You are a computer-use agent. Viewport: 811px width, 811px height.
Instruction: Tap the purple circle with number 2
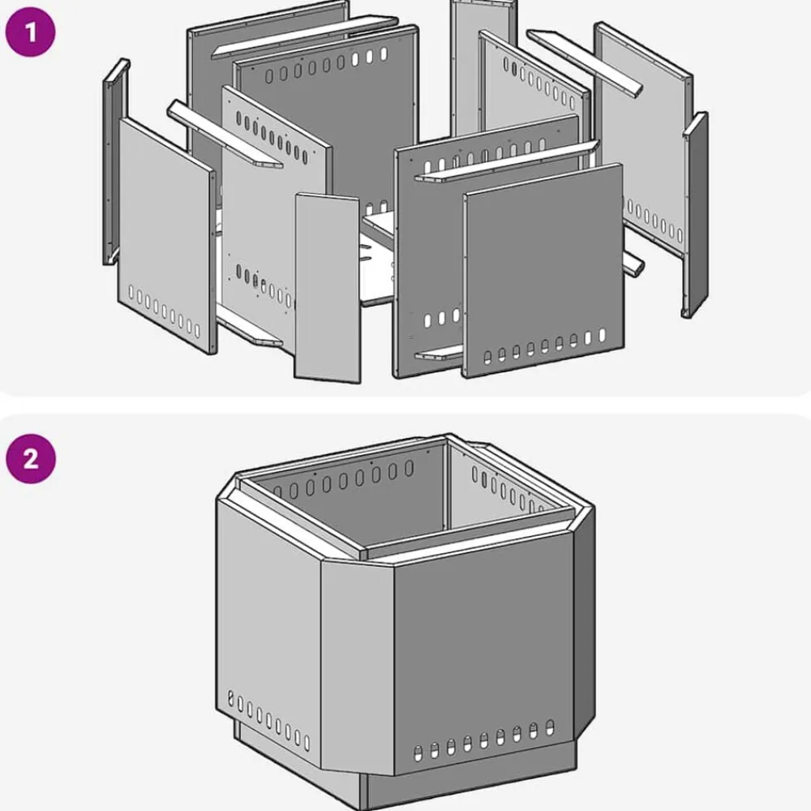[31, 458]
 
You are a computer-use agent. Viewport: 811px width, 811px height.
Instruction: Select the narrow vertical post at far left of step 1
[115, 161]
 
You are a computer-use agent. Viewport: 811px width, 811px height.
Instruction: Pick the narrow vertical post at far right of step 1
[696, 215]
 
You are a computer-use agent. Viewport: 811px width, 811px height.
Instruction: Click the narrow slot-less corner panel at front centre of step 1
[327, 288]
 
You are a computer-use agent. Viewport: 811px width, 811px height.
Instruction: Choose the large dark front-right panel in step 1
[543, 270]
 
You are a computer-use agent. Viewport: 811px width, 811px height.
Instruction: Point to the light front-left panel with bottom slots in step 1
[166, 235]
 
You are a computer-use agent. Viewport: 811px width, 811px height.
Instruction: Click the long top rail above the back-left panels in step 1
[304, 37]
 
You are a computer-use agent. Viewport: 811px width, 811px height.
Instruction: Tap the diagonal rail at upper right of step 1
[585, 62]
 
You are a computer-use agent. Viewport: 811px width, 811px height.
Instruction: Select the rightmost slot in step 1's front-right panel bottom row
[602, 335]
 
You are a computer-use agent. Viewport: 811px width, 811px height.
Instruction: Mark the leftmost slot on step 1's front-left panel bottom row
[131, 292]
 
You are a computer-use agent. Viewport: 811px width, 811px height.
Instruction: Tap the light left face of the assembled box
[268, 631]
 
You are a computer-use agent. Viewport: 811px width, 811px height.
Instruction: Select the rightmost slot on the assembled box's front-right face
[549, 727]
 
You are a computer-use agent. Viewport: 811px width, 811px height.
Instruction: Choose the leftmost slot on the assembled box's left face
[230, 698]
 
